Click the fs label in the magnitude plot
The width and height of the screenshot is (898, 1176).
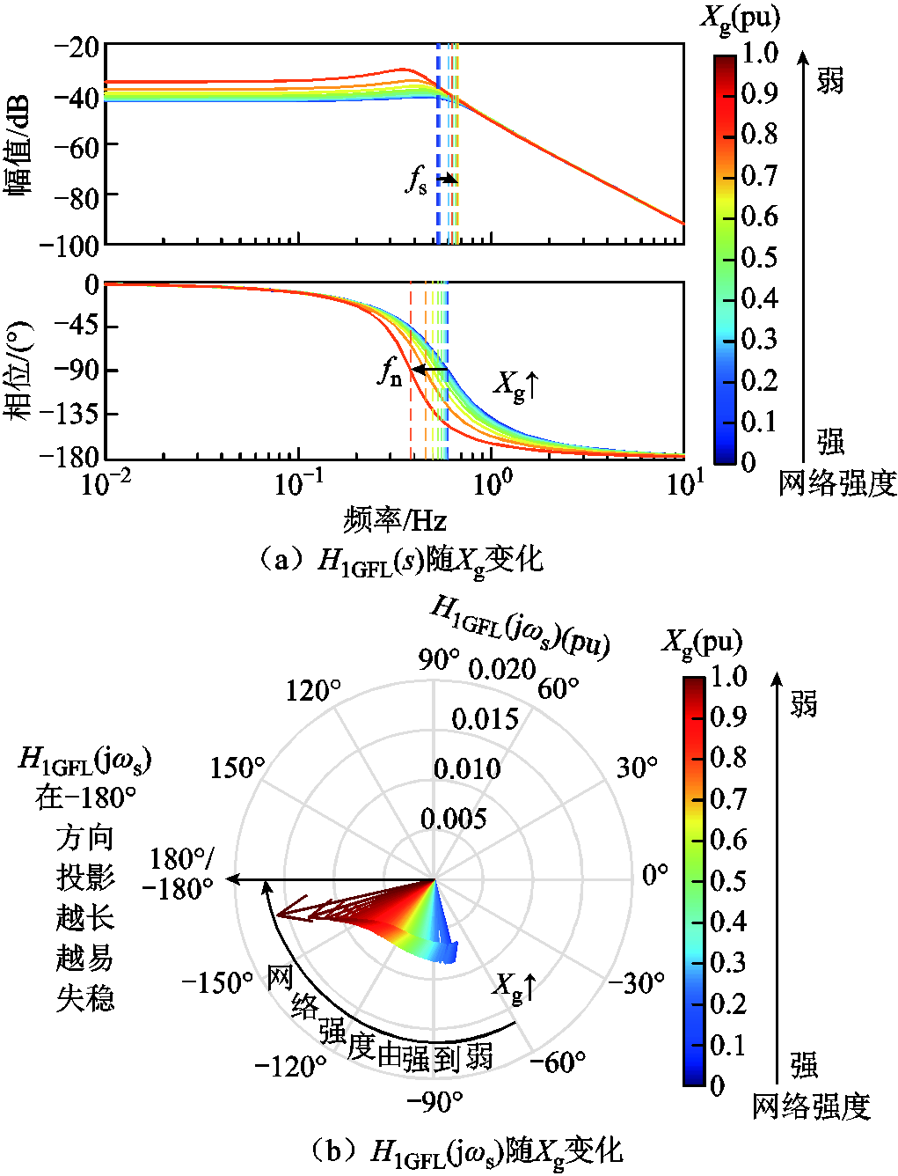(x=416, y=180)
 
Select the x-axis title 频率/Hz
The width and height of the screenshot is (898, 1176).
(x=395, y=520)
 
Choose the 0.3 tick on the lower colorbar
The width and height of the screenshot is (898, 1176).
(x=728, y=962)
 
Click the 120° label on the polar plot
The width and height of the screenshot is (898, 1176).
(x=312, y=690)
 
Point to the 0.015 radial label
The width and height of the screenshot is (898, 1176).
(x=485, y=719)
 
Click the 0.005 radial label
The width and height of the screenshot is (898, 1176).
(x=453, y=820)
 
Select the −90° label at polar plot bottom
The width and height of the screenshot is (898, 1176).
(x=434, y=1101)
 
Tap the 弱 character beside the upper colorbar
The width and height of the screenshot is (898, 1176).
(x=829, y=81)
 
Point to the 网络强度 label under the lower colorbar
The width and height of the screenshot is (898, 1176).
(x=810, y=1106)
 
